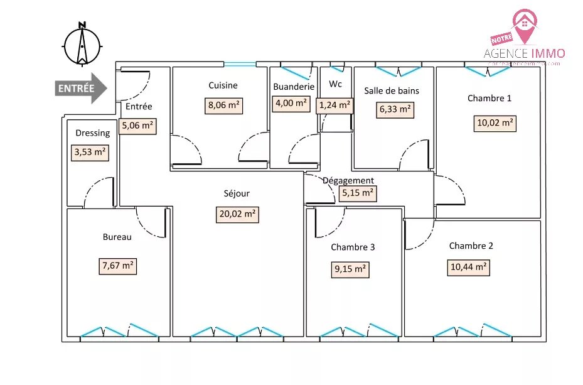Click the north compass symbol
[x=82, y=45]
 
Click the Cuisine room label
[x=223, y=85]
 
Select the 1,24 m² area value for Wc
[x=334, y=106]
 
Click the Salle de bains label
[x=392, y=90]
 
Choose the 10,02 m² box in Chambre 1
[x=495, y=123]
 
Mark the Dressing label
[x=93, y=133]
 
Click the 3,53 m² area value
[x=90, y=153]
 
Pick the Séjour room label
[x=237, y=194]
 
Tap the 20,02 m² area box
[x=237, y=214]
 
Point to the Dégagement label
[x=348, y=180]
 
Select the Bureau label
[x=117, y=237]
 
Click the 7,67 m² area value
[x=118, y=266]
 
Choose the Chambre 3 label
[x=353, y=247]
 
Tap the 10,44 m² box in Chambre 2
[x=469, y=267]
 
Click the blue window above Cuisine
[x=240, y=63]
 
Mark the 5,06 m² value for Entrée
[x=138, y=126]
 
